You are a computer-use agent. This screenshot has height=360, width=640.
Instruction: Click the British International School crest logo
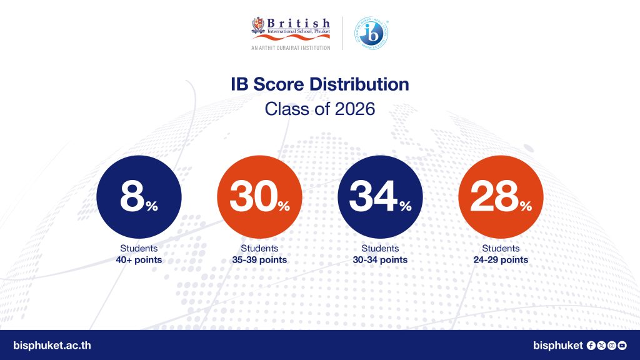pyautogui.click(x=258, y=25)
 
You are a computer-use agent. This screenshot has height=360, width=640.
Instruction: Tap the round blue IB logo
pyautogui.click(x=371, y=34)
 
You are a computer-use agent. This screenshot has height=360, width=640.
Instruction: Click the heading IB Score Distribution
pyautogui.click(x=320, y=84)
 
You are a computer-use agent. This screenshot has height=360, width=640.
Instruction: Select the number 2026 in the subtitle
pyautogui.click(x=355, y=109)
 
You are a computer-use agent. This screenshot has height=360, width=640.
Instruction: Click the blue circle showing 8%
pyautogui.click(x=139, y=197)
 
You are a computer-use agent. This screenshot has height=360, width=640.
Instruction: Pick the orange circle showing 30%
pyautogui.click(x=259, y=197)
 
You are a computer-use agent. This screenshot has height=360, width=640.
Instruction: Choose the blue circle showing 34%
pyautogui.click(x=380, y=197)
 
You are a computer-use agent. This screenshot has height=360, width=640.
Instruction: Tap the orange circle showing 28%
pyautogui.click(x=501, y=197)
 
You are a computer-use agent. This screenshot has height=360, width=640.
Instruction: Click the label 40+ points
pyautogui.click(x=139, y=260)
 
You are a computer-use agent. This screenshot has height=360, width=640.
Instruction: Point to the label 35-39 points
pyautogui.click(x=259, y=260)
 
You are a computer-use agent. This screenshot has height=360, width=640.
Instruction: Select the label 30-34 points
pyautogui.click(x=380, y=260)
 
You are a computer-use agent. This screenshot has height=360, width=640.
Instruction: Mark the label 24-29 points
pyautogui.click(x=501, y=260)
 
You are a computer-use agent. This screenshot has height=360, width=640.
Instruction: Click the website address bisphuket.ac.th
pyautogui.click(x=52, y=345)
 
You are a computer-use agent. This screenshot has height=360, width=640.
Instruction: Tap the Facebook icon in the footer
pyautogui.click(x=591, y=345)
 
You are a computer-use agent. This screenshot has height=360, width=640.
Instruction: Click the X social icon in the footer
pyautogui.click(x=601, y=345)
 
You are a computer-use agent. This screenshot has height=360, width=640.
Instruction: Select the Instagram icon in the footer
pyautogui.click(x=612, y=345)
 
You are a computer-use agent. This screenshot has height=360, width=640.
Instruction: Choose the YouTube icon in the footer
pyautogui.click(x=622, y=345)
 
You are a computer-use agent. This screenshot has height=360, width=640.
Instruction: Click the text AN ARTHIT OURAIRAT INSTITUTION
pyautogui.click(x=291, y=48)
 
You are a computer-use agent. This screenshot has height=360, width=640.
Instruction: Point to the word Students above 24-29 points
pyautogui.click(x=501, y=248)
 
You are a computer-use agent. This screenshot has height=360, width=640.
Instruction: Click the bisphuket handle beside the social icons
pyautogui.click(x=558, y=345)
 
